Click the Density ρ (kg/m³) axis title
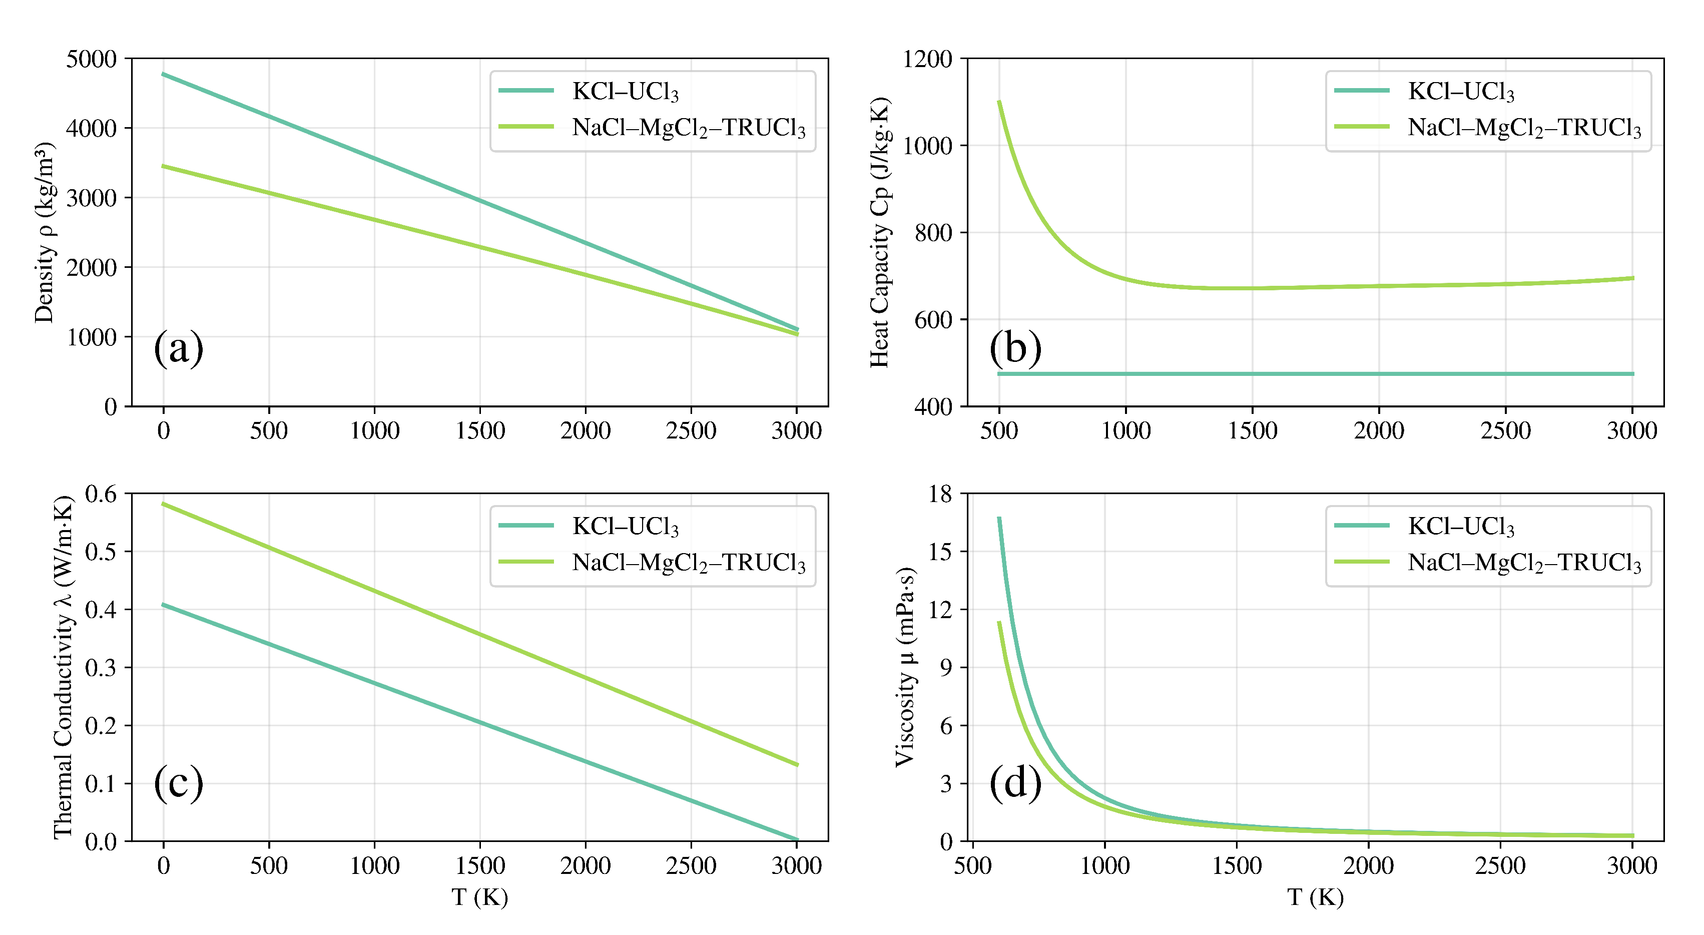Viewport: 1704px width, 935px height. click(45, 232)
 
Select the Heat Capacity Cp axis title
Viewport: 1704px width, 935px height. click(880, 232)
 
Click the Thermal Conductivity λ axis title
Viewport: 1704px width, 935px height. click(63, 667)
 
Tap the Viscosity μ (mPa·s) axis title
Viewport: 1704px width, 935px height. click(904, 667)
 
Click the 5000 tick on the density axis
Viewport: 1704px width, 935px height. click(91, 59)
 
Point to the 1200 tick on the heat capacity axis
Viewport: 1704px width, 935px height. click(927, 59)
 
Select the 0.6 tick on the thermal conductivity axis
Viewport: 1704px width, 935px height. click(101, 494)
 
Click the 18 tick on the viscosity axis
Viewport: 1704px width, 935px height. click(940, 494)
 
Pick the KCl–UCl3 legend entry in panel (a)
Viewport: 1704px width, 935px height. click(625, 91)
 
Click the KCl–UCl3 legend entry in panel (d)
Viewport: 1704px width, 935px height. click(1461, 526)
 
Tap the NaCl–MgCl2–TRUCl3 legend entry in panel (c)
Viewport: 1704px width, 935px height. click(689, 563)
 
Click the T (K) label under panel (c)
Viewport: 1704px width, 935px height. click(479, 897)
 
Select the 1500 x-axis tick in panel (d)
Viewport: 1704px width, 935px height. click(1236, 865)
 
